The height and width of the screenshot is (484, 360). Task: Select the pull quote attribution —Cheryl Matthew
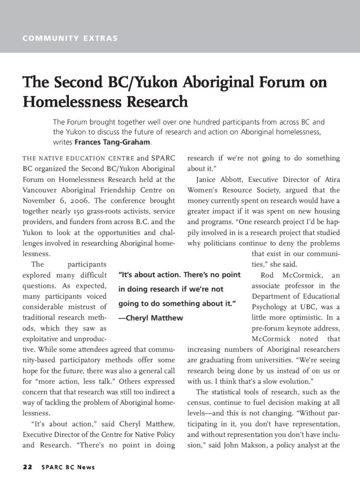click(x=151, y=318)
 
